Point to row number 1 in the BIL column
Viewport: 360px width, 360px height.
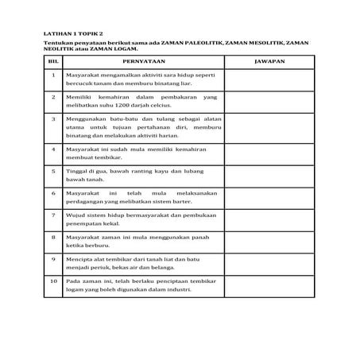(52, 75)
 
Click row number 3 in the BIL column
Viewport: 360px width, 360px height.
(52, 118)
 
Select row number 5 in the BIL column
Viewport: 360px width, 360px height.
(52, 170)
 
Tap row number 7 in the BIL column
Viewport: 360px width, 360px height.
(52, 215)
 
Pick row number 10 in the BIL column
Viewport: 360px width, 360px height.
(52, 281)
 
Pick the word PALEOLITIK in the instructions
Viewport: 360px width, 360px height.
(196, 44)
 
